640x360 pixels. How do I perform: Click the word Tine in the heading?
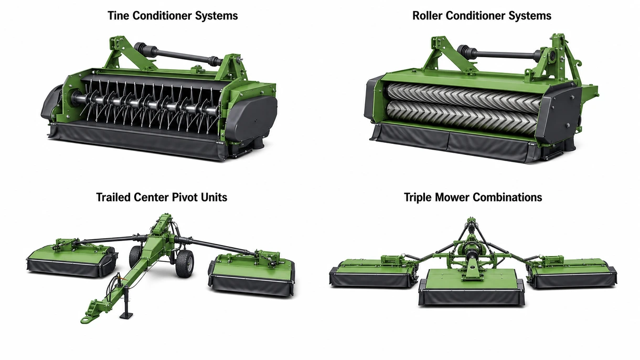click(118, 15)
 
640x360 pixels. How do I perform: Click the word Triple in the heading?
click(418, 197)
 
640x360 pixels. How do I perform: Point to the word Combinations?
click(507, 197)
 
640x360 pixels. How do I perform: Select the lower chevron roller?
click(463, 118)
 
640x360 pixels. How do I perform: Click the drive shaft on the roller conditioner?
click(500, 54)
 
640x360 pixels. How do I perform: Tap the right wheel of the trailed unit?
click(184, 263)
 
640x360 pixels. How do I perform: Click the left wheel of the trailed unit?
click(135, 257)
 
